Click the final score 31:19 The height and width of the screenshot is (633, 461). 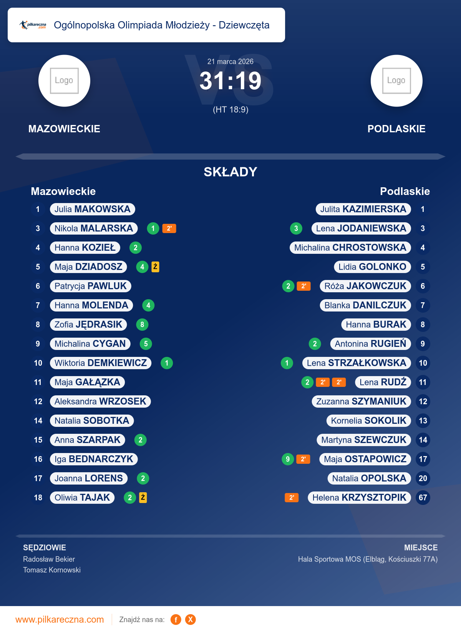click(x=230, y=81)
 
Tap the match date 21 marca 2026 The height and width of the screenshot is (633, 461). click(x=230, y=62)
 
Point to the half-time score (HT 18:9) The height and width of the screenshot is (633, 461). click(x=230, y=110)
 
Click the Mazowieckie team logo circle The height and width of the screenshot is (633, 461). click(x=64, y=81)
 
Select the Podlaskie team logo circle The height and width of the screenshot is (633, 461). click(x=396, y=81)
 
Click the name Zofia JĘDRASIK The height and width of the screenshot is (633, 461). click(x=88, y=325)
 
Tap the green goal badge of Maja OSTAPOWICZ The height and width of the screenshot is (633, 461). click(x=288, y=459)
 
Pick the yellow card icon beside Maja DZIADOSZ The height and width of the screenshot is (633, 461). click(x=155, y=267)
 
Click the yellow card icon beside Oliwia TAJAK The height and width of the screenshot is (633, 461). click(x=143, y=498)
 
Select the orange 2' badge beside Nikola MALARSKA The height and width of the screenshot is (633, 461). click(x=169, y=228)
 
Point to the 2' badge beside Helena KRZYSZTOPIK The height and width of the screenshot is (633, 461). click(x=292, y=498)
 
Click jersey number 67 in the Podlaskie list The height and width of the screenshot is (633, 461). click(x=423, y=498)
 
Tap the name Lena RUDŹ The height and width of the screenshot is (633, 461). click(x=383, y=382)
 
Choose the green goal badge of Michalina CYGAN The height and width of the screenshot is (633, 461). click(x=146, y=344)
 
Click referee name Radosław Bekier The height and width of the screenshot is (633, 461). click(x=49, y=559)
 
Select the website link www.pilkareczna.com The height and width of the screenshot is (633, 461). click(x=60, y=620)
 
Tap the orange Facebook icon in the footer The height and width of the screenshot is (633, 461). click(x=176, y=620)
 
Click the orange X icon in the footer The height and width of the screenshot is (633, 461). click(x=190, y=620)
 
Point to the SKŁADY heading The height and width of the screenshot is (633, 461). click(x=230, y=172)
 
